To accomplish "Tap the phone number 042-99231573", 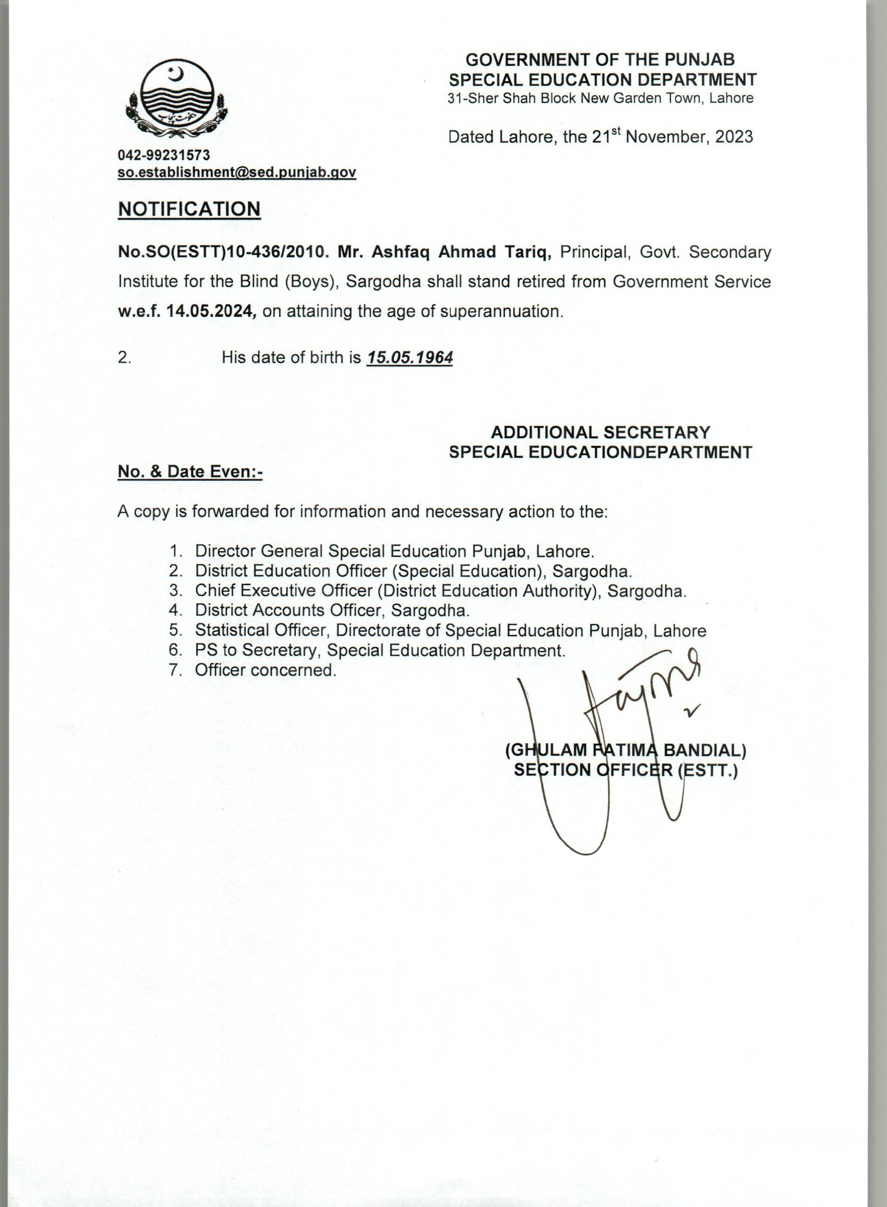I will [x=164, y=156].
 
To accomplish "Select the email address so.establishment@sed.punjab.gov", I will [x=237, y=172].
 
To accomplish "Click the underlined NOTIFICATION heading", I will [x=189, y=209].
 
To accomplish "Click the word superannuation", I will [x=501, y=312].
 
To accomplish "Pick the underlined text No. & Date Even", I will [x=189, y=471].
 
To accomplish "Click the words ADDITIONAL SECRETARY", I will [x=600, y=432].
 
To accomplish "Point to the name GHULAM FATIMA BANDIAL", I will [x=626, y=750].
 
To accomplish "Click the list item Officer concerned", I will [x=265, y=670].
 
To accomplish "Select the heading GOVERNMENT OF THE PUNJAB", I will [x=600, y=59].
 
